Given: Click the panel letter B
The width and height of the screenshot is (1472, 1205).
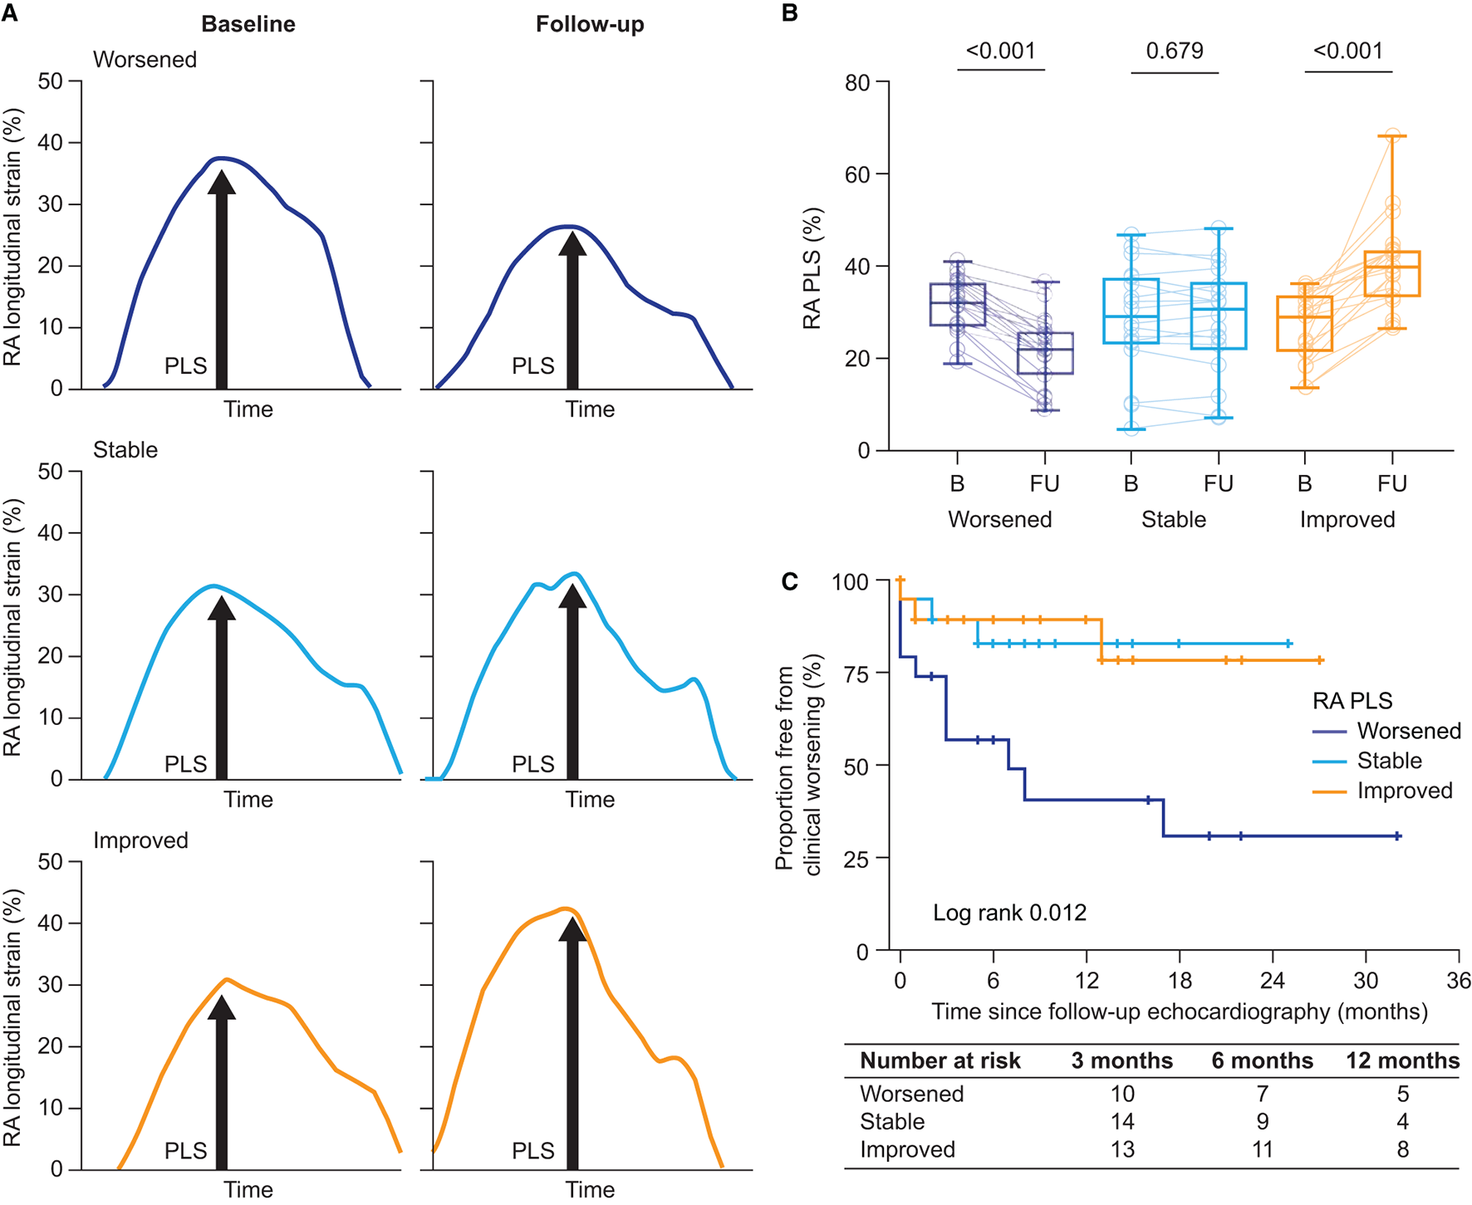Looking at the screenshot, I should coord(789,13).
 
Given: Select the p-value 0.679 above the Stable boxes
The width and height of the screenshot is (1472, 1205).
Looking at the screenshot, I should coord(1174,51).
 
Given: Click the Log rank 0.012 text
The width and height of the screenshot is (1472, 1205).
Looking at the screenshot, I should coord(1009,913).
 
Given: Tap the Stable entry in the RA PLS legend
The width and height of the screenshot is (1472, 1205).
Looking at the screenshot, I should coord(1389,761).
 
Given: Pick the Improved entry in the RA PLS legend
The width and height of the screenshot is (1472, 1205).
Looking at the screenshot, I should coord(1404,791).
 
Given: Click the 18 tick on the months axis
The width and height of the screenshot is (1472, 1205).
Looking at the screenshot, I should coord(1180,981).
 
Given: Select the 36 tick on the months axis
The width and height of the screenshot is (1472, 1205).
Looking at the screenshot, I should coord(1458,981).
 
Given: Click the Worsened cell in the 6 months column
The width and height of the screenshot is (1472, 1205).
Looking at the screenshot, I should coord(1262,1094).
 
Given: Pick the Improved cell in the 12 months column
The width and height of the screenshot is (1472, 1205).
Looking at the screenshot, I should coord(1402,1149).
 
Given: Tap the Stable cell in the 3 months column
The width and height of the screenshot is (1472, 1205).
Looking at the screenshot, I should coord(1122,1122).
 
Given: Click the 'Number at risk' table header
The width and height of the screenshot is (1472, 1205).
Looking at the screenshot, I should coord(940,1060).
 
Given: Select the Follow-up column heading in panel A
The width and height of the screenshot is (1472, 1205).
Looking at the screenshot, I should coord(590,24).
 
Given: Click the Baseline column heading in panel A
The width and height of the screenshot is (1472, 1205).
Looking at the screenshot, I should coord(248,24).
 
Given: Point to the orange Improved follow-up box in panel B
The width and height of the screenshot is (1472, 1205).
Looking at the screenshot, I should coord(1392,274).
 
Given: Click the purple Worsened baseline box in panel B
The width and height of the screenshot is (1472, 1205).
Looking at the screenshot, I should coord(957,304).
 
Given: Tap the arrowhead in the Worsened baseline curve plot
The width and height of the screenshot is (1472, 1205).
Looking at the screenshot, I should coord(221,183).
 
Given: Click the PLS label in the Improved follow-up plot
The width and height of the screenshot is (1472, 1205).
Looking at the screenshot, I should coord(532,1150).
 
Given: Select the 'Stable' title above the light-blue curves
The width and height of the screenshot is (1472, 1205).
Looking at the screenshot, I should coord(125,450).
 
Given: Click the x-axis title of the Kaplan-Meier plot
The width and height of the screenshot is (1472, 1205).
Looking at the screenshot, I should coord(1180,1012).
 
